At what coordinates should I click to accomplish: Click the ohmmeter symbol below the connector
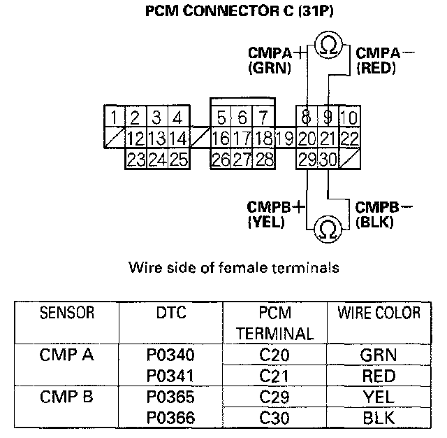point(327,227)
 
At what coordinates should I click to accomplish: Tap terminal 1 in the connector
point(114,116)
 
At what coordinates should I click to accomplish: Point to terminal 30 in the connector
point(328,159)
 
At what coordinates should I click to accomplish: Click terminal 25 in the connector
point(179,159)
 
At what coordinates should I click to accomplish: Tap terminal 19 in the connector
point(284,138)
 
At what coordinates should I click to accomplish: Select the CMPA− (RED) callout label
point(383,60)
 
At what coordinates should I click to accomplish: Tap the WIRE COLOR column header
point(379,312)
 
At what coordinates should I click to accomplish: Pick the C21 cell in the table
point(274,376)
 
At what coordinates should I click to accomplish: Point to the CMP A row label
point(67,355)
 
